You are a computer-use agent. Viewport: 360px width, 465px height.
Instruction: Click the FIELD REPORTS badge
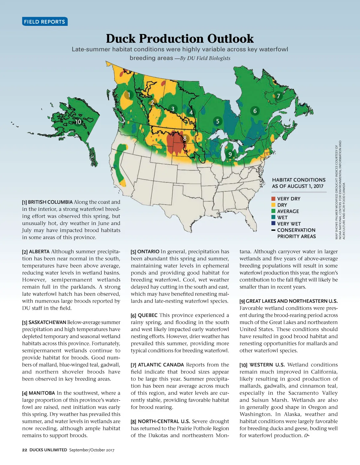[x=44, y=22]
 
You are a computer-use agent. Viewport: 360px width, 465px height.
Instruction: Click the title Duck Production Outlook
[x=180, y=39]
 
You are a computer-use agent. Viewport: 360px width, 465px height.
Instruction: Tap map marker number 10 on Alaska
[x=78, y=122]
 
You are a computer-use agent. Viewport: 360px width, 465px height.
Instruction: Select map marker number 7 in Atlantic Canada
[x=278, y=96]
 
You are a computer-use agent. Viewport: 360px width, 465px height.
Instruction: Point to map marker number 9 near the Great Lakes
[x=230, y=154]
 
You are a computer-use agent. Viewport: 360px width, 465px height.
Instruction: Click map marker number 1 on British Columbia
[x=129, y=95]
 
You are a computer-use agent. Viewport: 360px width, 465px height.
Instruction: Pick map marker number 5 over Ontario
[x=217, y=121]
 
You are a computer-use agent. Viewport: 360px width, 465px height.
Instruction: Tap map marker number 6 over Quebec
[x=255, y=111]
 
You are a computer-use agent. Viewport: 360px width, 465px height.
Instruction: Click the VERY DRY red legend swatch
[x=273, y=199]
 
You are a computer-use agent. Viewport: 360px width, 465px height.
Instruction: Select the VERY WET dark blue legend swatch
[x=273, y=223]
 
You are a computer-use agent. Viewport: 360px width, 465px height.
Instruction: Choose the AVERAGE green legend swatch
[x=273, y=211]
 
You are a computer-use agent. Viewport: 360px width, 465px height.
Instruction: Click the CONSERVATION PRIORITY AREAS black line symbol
[x=273, y=230]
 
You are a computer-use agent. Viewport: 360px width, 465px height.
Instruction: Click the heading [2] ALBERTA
[x=36, y=252]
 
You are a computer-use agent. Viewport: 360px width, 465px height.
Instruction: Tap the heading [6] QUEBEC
[x=144, y=315]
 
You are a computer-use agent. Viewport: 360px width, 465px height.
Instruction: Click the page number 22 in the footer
[x=25, y=450]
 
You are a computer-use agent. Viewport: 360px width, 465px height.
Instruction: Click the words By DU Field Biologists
[x=205, y=58]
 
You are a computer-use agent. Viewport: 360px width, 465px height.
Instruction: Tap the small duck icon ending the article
[x=306, y=436]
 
